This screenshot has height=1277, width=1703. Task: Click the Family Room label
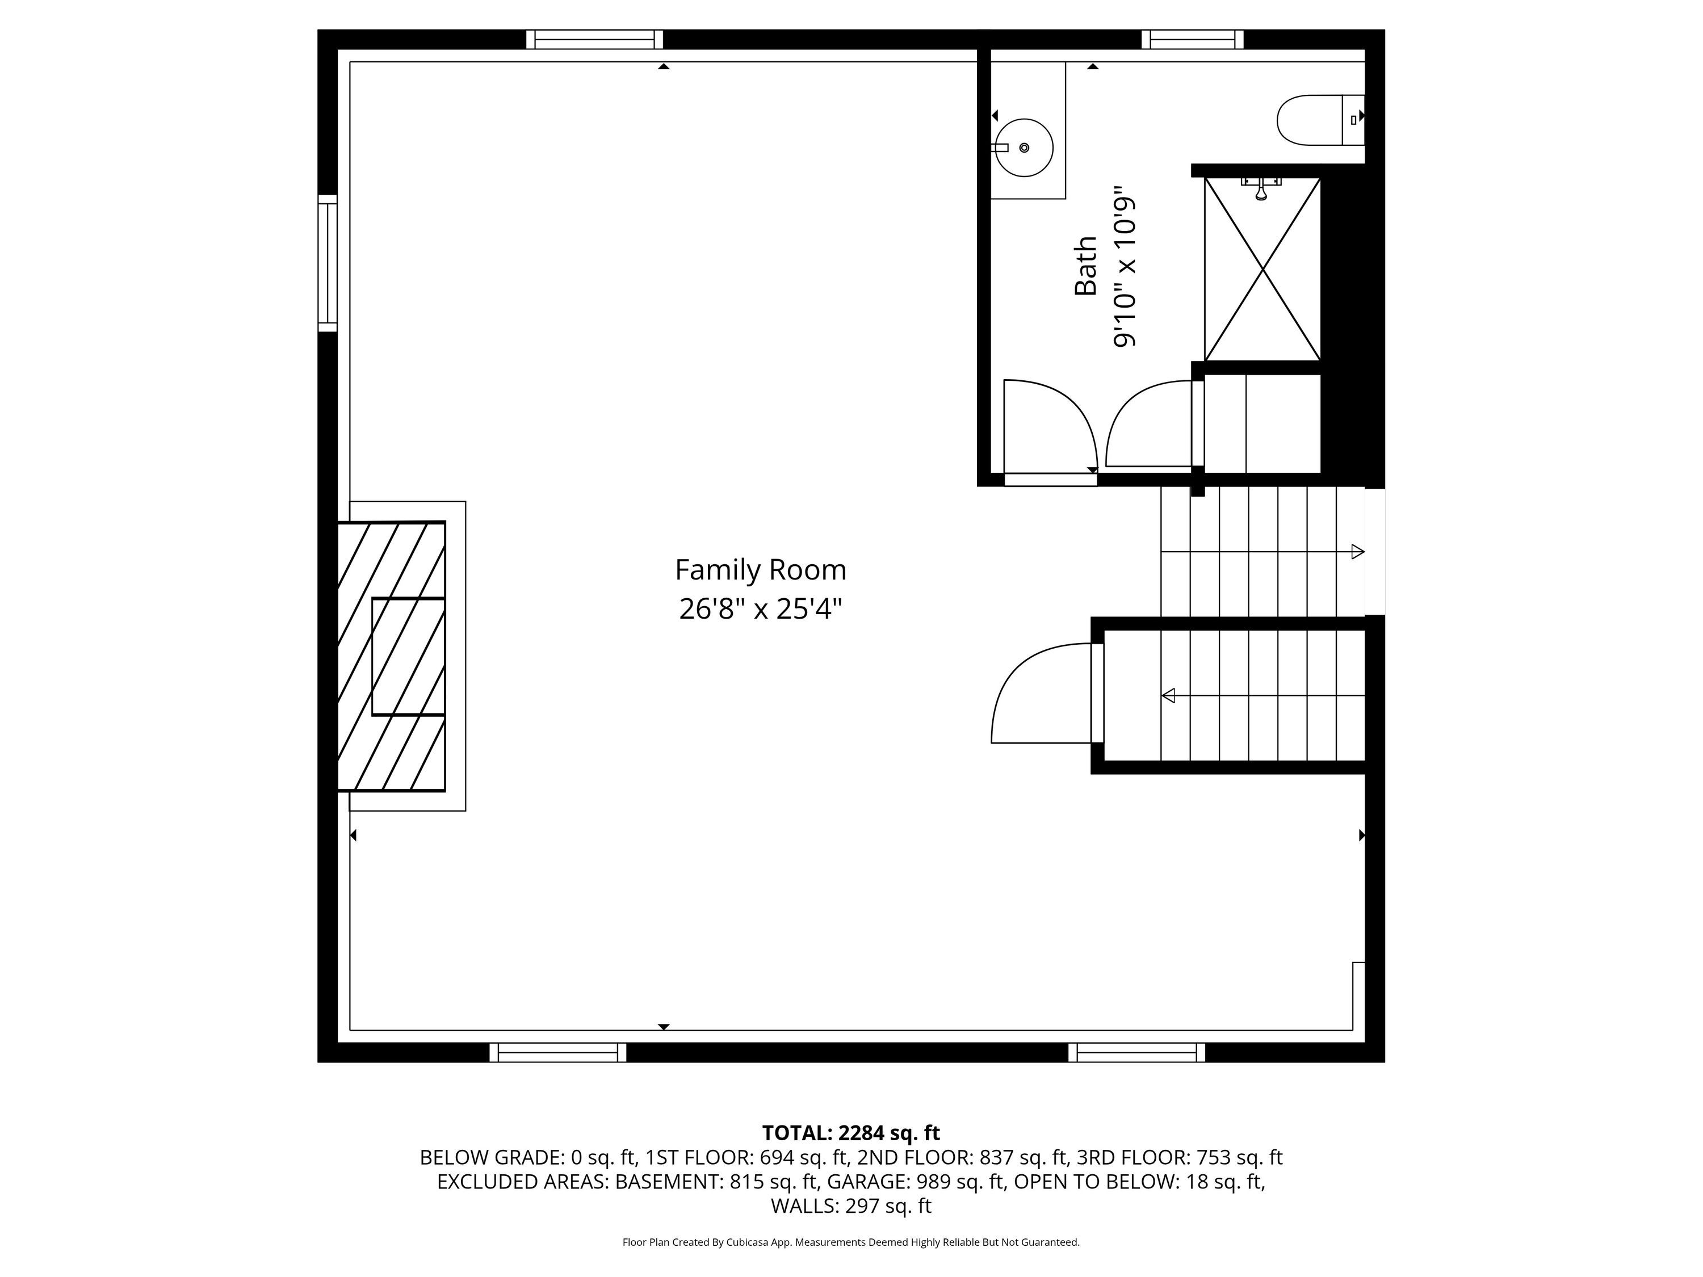761,570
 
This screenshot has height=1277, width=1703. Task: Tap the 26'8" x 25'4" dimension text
761,610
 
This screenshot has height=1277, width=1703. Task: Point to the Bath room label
1085,266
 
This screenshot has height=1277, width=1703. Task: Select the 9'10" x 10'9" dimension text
1125,266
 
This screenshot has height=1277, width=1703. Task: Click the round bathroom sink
1024,148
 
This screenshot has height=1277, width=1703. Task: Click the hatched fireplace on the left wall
392,656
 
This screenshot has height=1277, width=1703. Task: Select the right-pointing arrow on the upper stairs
1262,552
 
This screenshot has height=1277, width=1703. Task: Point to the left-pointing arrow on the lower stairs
1262,696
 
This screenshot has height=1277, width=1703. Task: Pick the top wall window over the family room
595,39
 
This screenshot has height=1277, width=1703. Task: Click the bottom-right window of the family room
1137,1052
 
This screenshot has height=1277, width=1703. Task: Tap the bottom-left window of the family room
558,1052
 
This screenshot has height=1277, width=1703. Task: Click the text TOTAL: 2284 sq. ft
851,1133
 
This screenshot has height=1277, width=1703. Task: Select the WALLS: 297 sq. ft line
851,1206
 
